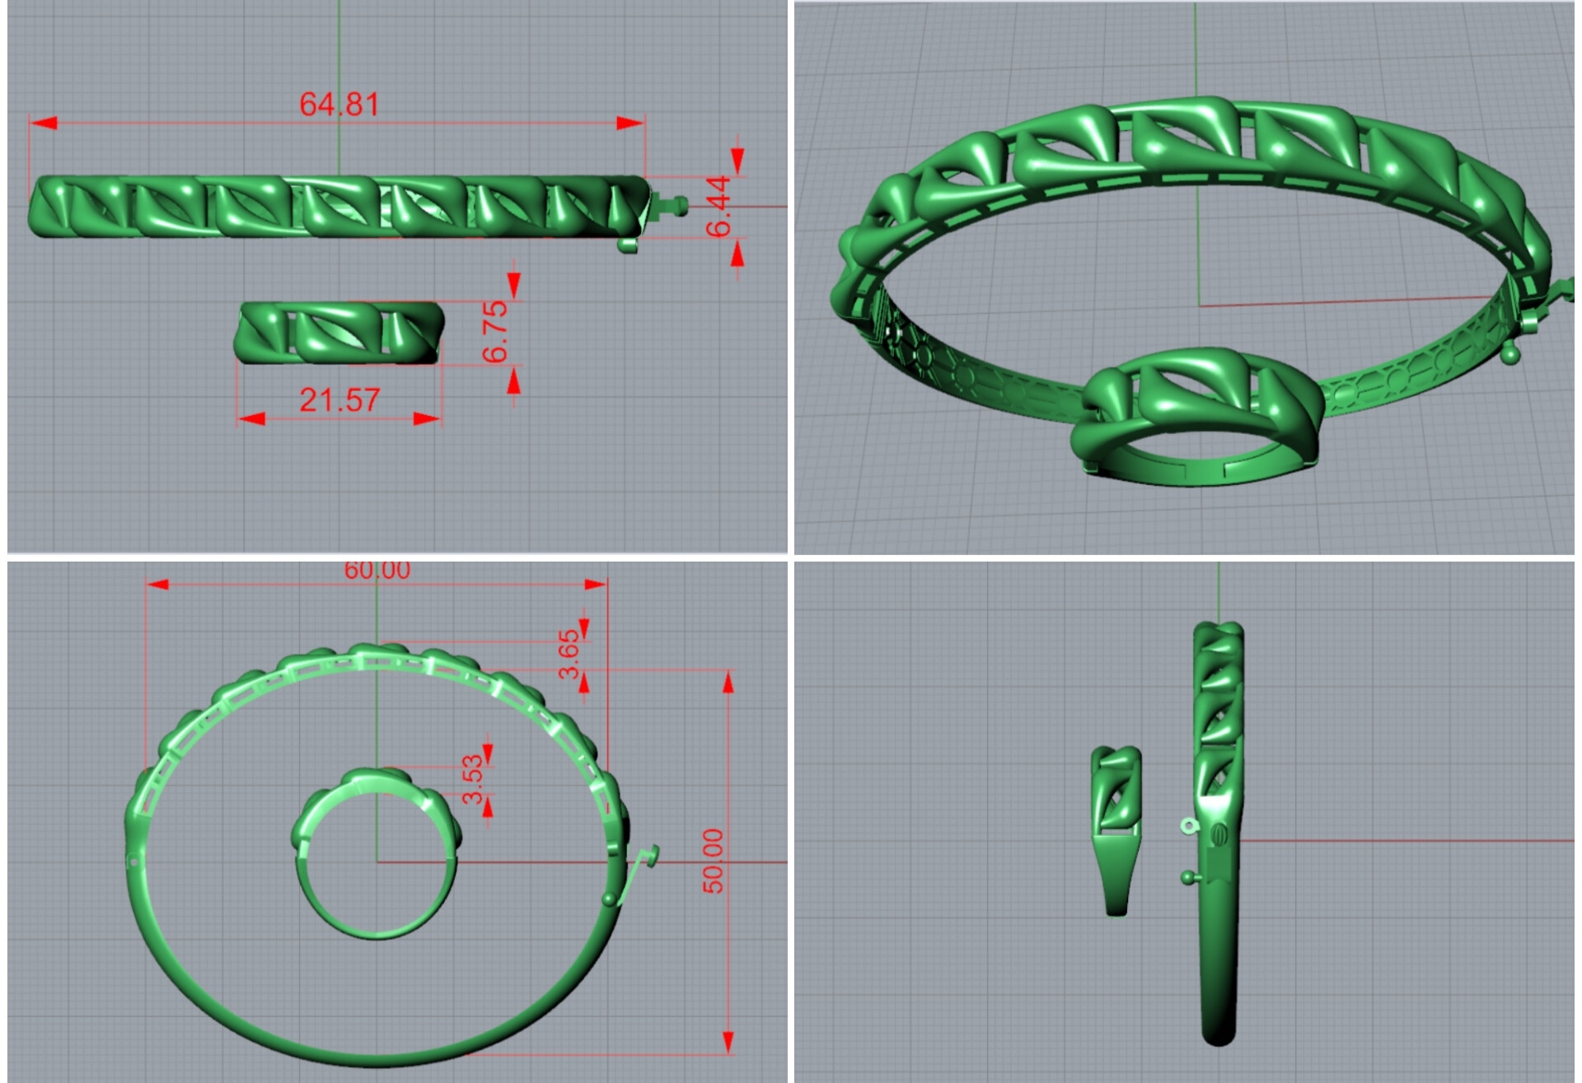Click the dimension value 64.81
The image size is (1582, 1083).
click(x=339, y=105)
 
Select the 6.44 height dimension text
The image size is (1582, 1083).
click(x=718, y=206)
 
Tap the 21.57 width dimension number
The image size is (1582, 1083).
click(x=339, y=400)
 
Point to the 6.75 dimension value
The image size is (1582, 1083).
click(x=495, y=332)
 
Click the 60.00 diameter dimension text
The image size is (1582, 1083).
click(x=377, y=570)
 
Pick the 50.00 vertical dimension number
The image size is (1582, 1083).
click(x=714, y=861)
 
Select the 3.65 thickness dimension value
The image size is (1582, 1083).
click(x=569, y=654)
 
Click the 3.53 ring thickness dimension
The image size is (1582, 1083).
click(x=472, y=779)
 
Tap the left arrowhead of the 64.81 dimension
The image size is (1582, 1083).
click(x=44, y=123)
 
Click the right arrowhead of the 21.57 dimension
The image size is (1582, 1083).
click(x=427, y=418)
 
